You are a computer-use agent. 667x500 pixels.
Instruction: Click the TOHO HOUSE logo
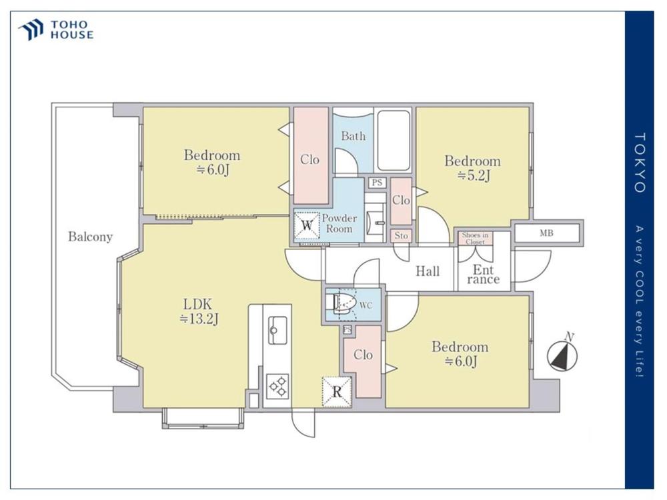tap(56, 30)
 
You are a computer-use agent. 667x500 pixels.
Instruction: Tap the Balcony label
tap(90, 237)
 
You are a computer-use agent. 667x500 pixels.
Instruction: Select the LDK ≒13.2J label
tap(198, 311)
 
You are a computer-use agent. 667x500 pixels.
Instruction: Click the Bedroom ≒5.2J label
tap(473, 167)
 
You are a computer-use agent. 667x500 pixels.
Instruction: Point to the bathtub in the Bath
tap(394, 140)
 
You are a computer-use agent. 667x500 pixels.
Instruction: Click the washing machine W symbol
tap(307, 225)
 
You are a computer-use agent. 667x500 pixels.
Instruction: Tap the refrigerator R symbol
tap(337, 391)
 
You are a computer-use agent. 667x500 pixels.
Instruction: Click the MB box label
tap(547, 233)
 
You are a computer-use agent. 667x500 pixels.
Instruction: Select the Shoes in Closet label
tap(475, 238)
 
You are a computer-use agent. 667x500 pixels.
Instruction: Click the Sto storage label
tap(401, 235)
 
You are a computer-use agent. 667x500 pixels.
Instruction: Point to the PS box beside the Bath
tap(377, 183)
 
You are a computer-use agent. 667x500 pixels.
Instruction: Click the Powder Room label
tap(339, 223)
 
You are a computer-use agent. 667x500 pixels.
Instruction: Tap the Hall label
tap(428, 271)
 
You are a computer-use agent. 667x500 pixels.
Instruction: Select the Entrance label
tap(483, 275)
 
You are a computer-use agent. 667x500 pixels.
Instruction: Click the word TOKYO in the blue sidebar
tap(640, 163)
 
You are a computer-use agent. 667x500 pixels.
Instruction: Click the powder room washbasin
tap(375, 223)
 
